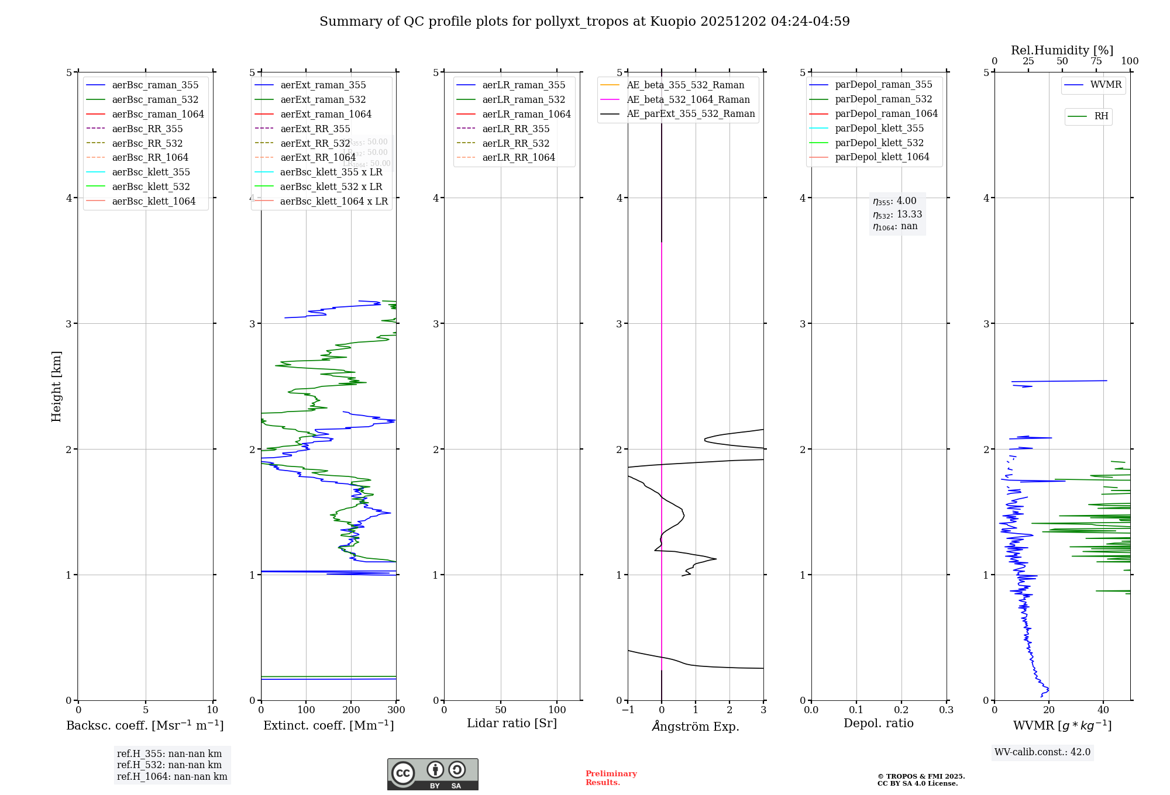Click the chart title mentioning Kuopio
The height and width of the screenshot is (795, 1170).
pos(584,22)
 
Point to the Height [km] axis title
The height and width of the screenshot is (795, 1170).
pos(56,386)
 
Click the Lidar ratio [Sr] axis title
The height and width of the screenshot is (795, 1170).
pos(512,723)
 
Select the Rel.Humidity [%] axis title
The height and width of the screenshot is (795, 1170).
pos(1062,50)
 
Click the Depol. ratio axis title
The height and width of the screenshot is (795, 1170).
pos(878,723)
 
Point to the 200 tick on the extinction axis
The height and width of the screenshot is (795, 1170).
pos(351,710)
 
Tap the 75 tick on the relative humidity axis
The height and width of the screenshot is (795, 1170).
pos(1096,61)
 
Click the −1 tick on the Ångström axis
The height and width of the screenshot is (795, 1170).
pos(627,710)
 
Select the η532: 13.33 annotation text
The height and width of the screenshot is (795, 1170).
pos(897,214)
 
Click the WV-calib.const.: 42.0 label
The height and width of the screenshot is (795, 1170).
pos(1042,752)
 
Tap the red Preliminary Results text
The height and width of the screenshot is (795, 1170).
pos(611,777)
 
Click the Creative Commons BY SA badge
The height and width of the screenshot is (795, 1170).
pos(432,774)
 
